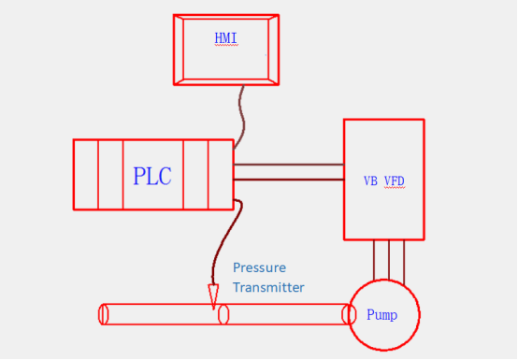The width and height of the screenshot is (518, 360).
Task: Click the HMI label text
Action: coord(226,38)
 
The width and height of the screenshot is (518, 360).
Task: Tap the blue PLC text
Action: coord(152,176)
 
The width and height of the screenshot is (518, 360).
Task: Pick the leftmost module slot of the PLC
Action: coord(86,175)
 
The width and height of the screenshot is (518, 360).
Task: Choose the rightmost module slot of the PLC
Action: coord(221,175)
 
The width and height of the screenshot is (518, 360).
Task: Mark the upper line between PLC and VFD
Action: coord(288,165)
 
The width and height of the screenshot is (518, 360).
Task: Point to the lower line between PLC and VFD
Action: coord(288,179)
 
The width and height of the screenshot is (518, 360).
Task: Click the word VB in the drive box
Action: coord(370,180)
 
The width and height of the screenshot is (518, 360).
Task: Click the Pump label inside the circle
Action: coord(381,315)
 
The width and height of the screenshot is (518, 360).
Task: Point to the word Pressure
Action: coord(259,267)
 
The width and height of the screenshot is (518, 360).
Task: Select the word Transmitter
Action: coord(268,287)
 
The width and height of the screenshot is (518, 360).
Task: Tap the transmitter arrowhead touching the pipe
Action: coord(213,297)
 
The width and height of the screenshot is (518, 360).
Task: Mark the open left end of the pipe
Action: coord(105,314)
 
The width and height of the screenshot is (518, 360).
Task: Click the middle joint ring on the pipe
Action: coord(223,314)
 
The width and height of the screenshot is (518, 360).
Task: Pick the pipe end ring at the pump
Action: coord(351,314)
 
